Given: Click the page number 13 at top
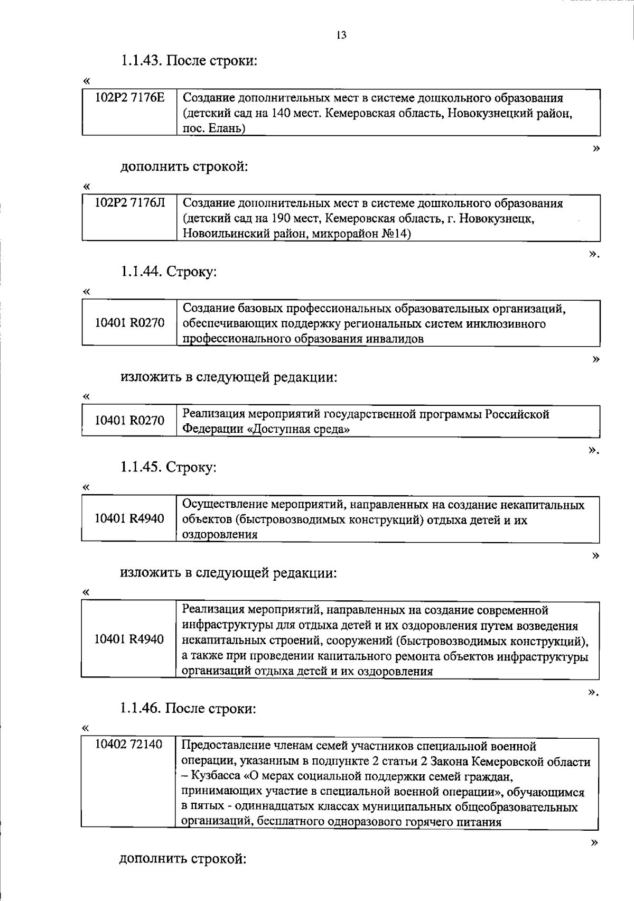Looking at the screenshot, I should pyautogui.click(x=341, y=35).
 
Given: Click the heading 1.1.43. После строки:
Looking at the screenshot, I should pyautogui.click(x=189, y=61).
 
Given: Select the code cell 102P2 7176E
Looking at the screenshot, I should pyautogui.click(x=129, y=98).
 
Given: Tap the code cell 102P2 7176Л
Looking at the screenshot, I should pyautogui.click(x=129, y=203).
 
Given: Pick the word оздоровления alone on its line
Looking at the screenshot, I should pyautogui.click(x=220, y=534).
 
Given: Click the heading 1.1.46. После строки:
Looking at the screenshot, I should pyautogui.click(x=188, y=709).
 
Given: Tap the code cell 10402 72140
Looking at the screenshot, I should pyautogui.click(x=128, y=746).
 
